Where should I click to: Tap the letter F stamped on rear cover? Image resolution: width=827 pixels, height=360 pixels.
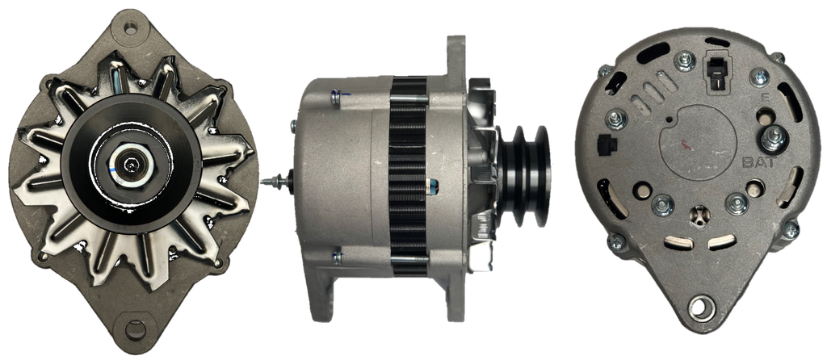click(764, 97)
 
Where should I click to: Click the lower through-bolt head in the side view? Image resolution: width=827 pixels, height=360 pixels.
click(337, 257)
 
